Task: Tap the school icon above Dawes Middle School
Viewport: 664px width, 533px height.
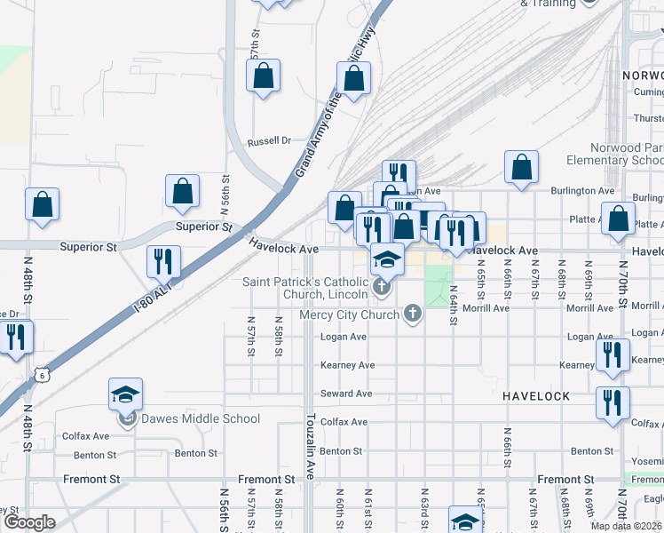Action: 125,394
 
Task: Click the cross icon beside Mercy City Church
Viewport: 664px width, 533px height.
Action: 412,313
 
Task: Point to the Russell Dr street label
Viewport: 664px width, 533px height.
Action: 269,141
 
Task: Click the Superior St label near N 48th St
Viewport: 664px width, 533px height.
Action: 88,245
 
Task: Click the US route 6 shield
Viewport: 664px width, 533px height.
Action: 42,377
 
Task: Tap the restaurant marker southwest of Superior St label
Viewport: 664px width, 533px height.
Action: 163,261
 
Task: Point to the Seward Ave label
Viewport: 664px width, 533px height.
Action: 345,394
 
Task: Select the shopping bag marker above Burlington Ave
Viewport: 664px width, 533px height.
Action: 521,166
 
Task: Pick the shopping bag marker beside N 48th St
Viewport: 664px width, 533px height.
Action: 42,204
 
